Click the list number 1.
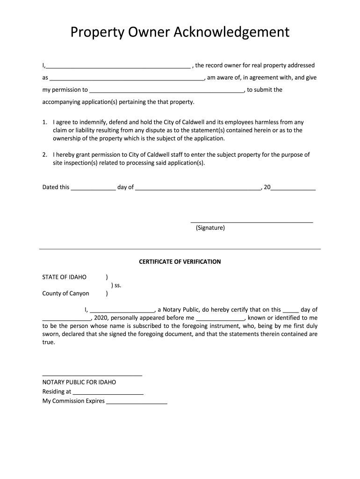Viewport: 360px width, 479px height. click(x=44, y=122)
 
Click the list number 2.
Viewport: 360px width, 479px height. click(x=44, y=155)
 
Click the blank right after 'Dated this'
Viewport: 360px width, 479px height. click(x=93, y=188)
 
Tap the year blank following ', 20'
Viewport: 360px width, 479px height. click(x=293, y=188)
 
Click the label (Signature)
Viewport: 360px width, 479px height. click(x=210, y=228)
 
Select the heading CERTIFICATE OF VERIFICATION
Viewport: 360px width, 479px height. click(x=180, y=262)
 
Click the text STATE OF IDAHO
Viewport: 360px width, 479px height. click(x=65, y=277)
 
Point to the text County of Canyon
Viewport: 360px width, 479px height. click(x=65, y=294)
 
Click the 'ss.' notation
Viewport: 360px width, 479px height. click(x=116, y=285)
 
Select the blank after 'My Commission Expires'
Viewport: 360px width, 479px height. click(x=137, y=402)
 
